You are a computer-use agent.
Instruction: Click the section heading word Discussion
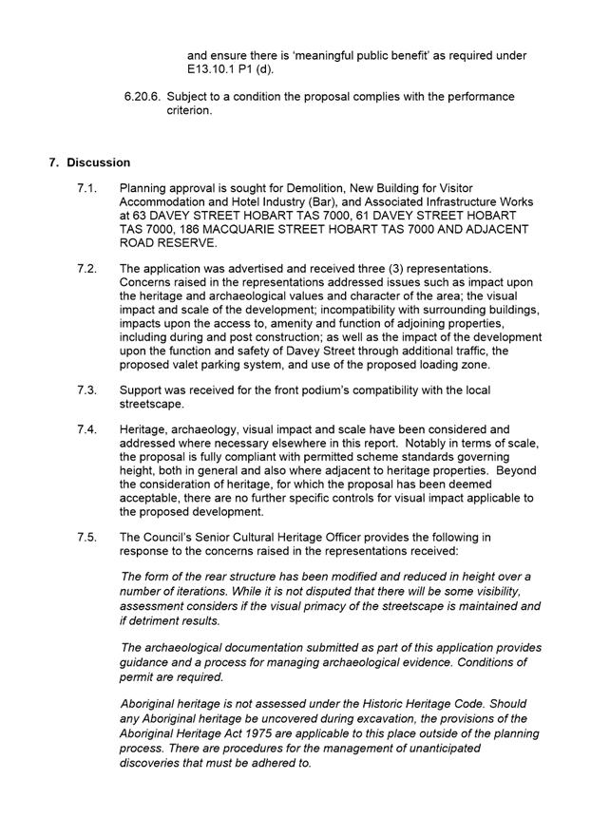(x=98, y=162)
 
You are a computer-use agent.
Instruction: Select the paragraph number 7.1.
(x=86, y=189)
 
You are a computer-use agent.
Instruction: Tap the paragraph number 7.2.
(x=86, y=270)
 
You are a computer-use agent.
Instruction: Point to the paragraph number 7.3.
(x=86, y=390)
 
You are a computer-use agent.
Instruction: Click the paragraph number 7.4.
(x=86, y=430)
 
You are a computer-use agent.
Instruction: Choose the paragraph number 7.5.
(x=86, y=537)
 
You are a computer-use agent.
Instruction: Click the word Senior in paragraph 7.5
(x=219, y=537)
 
